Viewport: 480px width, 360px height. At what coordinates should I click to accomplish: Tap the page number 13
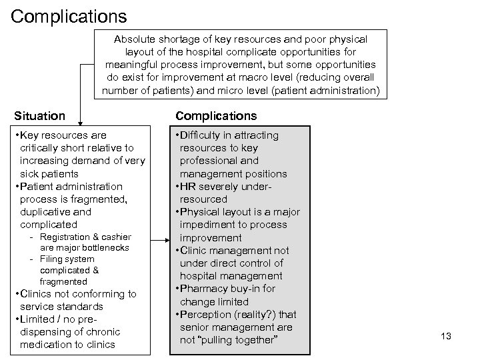tap(446, 336)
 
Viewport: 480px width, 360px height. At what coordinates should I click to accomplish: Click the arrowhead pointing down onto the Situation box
tap(80, 123)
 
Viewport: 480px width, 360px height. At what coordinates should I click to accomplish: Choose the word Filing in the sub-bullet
tap(52, 259)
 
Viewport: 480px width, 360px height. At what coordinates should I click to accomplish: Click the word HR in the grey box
tap(188, 187)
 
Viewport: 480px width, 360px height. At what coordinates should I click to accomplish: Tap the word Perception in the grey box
tap(207, 315)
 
